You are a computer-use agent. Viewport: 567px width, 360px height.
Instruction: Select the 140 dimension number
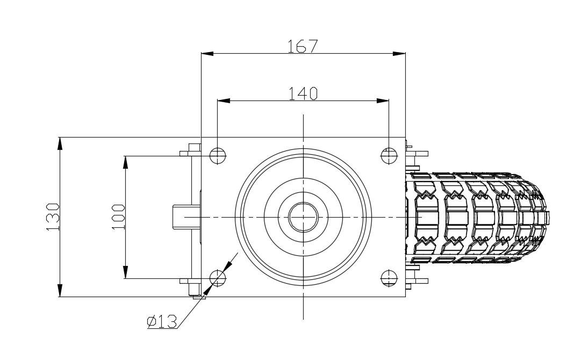pyautogui.click(x=303, y=93)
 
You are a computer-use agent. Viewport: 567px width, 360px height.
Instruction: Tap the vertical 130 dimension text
pyautogui.click(x=53, y=217)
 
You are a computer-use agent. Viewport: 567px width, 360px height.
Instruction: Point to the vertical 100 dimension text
pyautogui.click(x=118, y=217)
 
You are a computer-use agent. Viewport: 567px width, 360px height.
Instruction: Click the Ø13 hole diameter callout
pyautogui.click(x=162, y=321)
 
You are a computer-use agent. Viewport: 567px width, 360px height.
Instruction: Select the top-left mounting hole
pyautogui.click(x=217, y=156)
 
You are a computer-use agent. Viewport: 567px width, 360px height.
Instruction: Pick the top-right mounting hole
pyautogui.click(x=389, y=156)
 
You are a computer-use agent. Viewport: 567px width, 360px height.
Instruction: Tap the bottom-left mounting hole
pyautogui.click(x=217, y=278)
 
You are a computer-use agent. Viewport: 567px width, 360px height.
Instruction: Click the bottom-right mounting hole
pyautogui.click(x=389, y=278)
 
